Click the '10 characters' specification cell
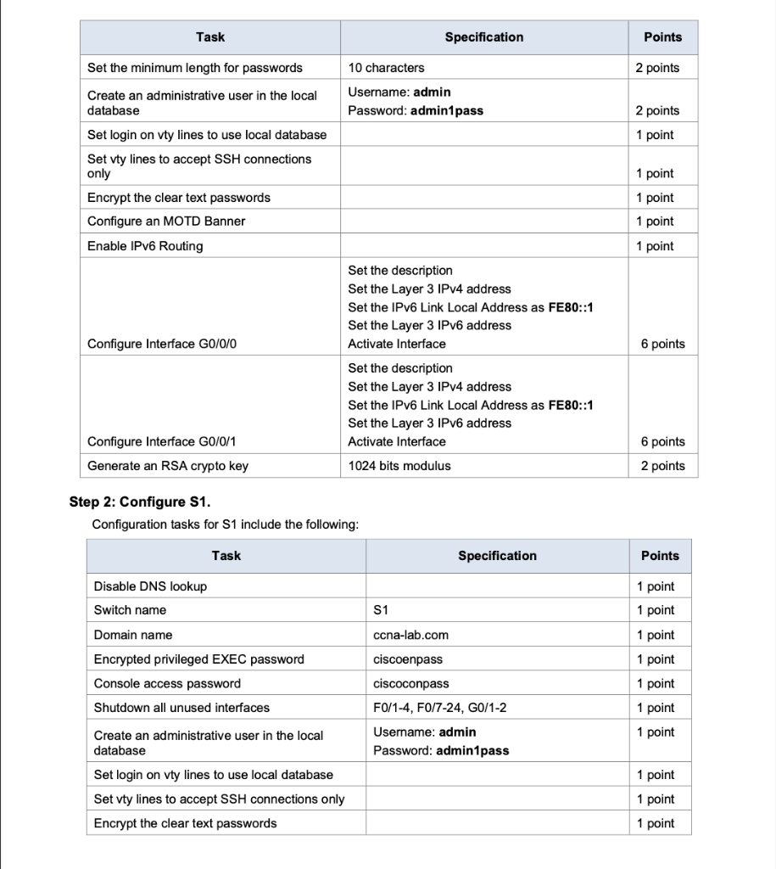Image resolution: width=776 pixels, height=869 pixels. tap(386, 68)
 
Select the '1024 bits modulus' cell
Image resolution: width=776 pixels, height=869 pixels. tap(399, 466)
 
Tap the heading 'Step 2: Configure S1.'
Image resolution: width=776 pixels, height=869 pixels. tap(138, 502)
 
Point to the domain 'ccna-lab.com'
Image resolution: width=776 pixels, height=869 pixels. tap(410, 635)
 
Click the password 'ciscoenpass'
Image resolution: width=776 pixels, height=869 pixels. tap(407, 659)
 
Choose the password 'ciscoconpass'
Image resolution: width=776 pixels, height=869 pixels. tap(410, 684)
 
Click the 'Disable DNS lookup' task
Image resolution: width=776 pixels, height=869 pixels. tap(150, 586)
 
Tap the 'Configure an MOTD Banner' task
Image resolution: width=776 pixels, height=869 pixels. tap(166, 221)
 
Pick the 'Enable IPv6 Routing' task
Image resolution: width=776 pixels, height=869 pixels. tap(145, 246)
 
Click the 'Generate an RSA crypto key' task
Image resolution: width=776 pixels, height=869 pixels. tap(168, 466)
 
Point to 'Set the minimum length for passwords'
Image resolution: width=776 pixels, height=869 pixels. tap(194, 68)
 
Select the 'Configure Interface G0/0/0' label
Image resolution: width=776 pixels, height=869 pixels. tap(160, 344)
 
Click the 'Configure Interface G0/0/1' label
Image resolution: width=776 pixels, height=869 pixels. tap(160, 441)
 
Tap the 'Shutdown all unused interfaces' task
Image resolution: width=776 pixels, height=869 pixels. tap(181, 708)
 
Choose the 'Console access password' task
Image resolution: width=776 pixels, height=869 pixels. tap(167, 684)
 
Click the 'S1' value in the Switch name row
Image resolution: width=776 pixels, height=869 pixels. tap(380, 610)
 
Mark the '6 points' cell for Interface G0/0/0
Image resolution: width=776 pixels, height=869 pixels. tap(662, 344)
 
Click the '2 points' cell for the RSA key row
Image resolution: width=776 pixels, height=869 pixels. tap(662, 466)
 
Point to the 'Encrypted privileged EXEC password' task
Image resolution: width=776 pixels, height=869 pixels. tap(198, 659)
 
